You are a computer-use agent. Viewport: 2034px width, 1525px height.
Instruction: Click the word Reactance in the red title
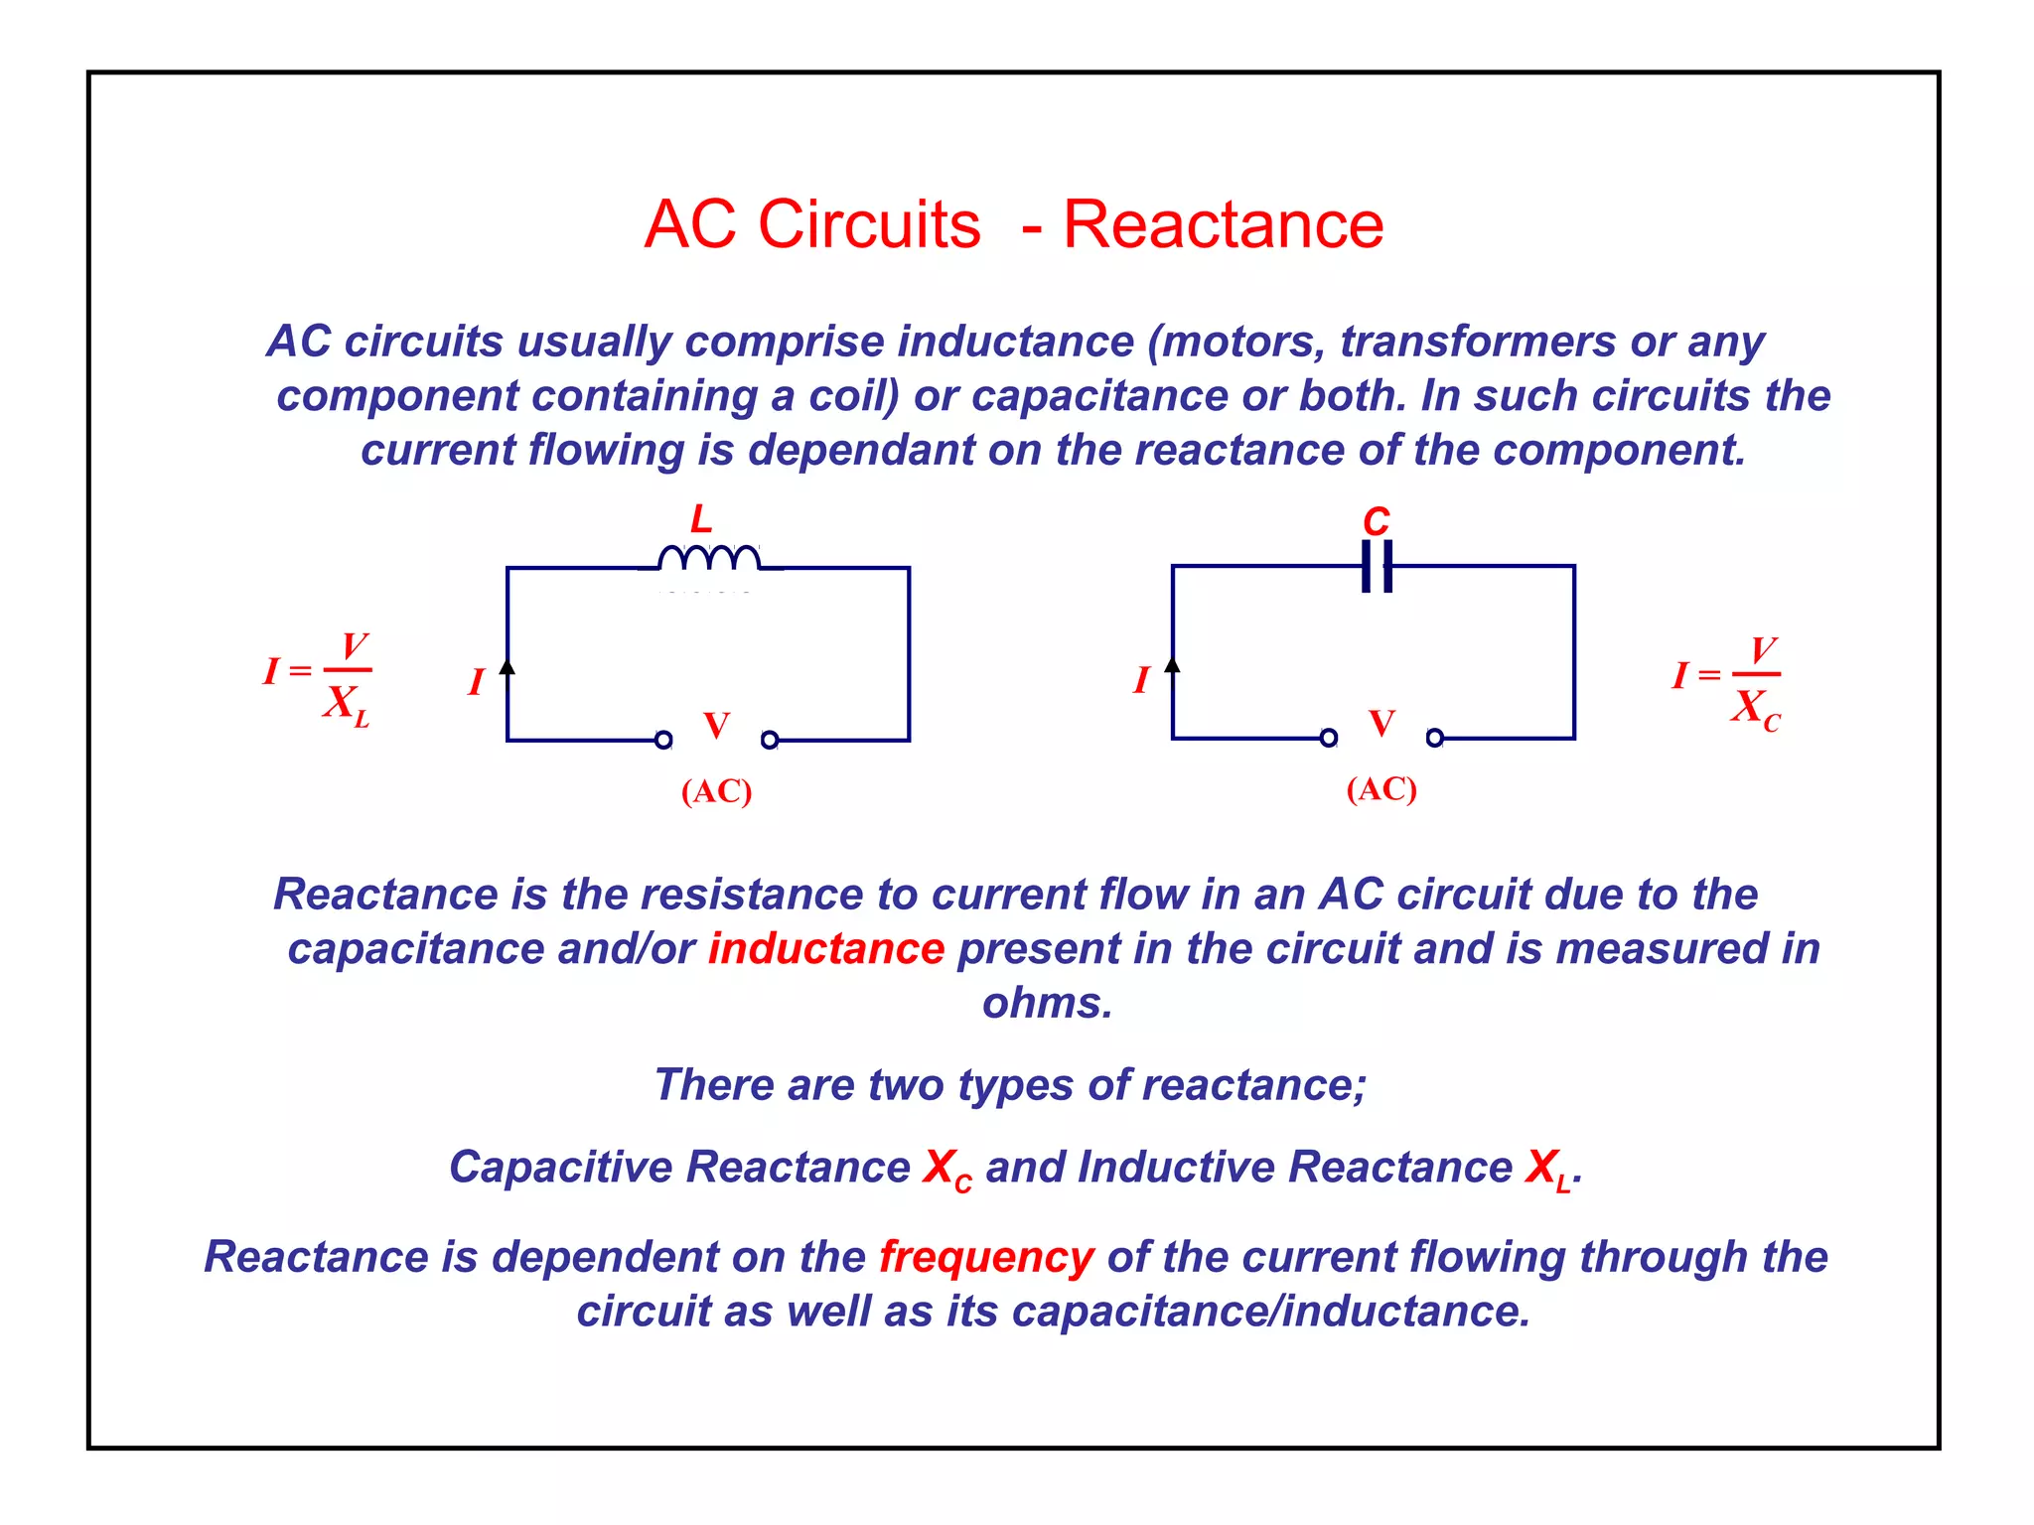point(1223,224)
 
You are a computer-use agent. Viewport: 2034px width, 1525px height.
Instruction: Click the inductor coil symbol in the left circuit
point(709,558)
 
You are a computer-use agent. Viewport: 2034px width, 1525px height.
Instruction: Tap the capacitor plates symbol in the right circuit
point(1377,566)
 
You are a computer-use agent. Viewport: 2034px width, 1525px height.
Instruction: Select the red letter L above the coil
point(701,519)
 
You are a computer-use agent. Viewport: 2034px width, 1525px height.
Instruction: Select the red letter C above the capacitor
point(1376,521)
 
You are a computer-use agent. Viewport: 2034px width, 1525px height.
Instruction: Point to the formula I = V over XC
point(1728,683)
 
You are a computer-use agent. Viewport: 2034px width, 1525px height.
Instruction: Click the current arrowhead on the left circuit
point(508,666)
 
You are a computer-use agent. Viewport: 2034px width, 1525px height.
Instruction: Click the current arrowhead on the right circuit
point(1172,664)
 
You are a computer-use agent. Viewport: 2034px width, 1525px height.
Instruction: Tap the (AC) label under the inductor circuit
point(716,791)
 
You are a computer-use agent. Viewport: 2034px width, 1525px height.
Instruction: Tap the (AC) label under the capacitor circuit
point(1380,789)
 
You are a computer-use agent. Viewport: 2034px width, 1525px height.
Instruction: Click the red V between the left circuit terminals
point(716,726)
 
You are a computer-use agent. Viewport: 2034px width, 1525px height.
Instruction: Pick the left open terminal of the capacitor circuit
point(1329,738)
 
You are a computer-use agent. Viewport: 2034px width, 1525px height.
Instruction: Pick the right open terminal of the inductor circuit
point(770,740)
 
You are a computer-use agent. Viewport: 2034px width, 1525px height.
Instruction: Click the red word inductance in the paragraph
point(825,949)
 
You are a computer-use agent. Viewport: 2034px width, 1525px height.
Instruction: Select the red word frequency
point(986,1257)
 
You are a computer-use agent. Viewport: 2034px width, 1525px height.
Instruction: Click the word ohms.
point(1047,1003)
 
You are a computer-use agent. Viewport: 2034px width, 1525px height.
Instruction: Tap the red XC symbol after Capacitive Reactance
point(946,1169)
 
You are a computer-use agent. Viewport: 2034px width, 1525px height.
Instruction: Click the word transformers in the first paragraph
point(1478,342)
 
